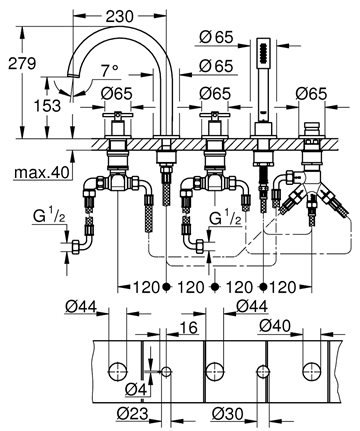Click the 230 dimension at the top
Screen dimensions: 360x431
tap(120, 16)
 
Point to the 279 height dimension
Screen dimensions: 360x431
tap(22, 63)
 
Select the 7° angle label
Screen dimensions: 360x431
tap(110, 71)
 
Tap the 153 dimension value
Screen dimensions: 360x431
tap(48, 106)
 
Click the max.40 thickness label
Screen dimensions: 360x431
tap(42, 172)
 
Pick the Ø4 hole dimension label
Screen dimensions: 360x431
tap(136, 389)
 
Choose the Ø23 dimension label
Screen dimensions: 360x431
tap(132, 414)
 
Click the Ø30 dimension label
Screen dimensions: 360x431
tap(227, 414)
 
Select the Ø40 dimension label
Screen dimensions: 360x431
tap(275, 325)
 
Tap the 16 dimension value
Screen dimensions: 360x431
tap(189, 328)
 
